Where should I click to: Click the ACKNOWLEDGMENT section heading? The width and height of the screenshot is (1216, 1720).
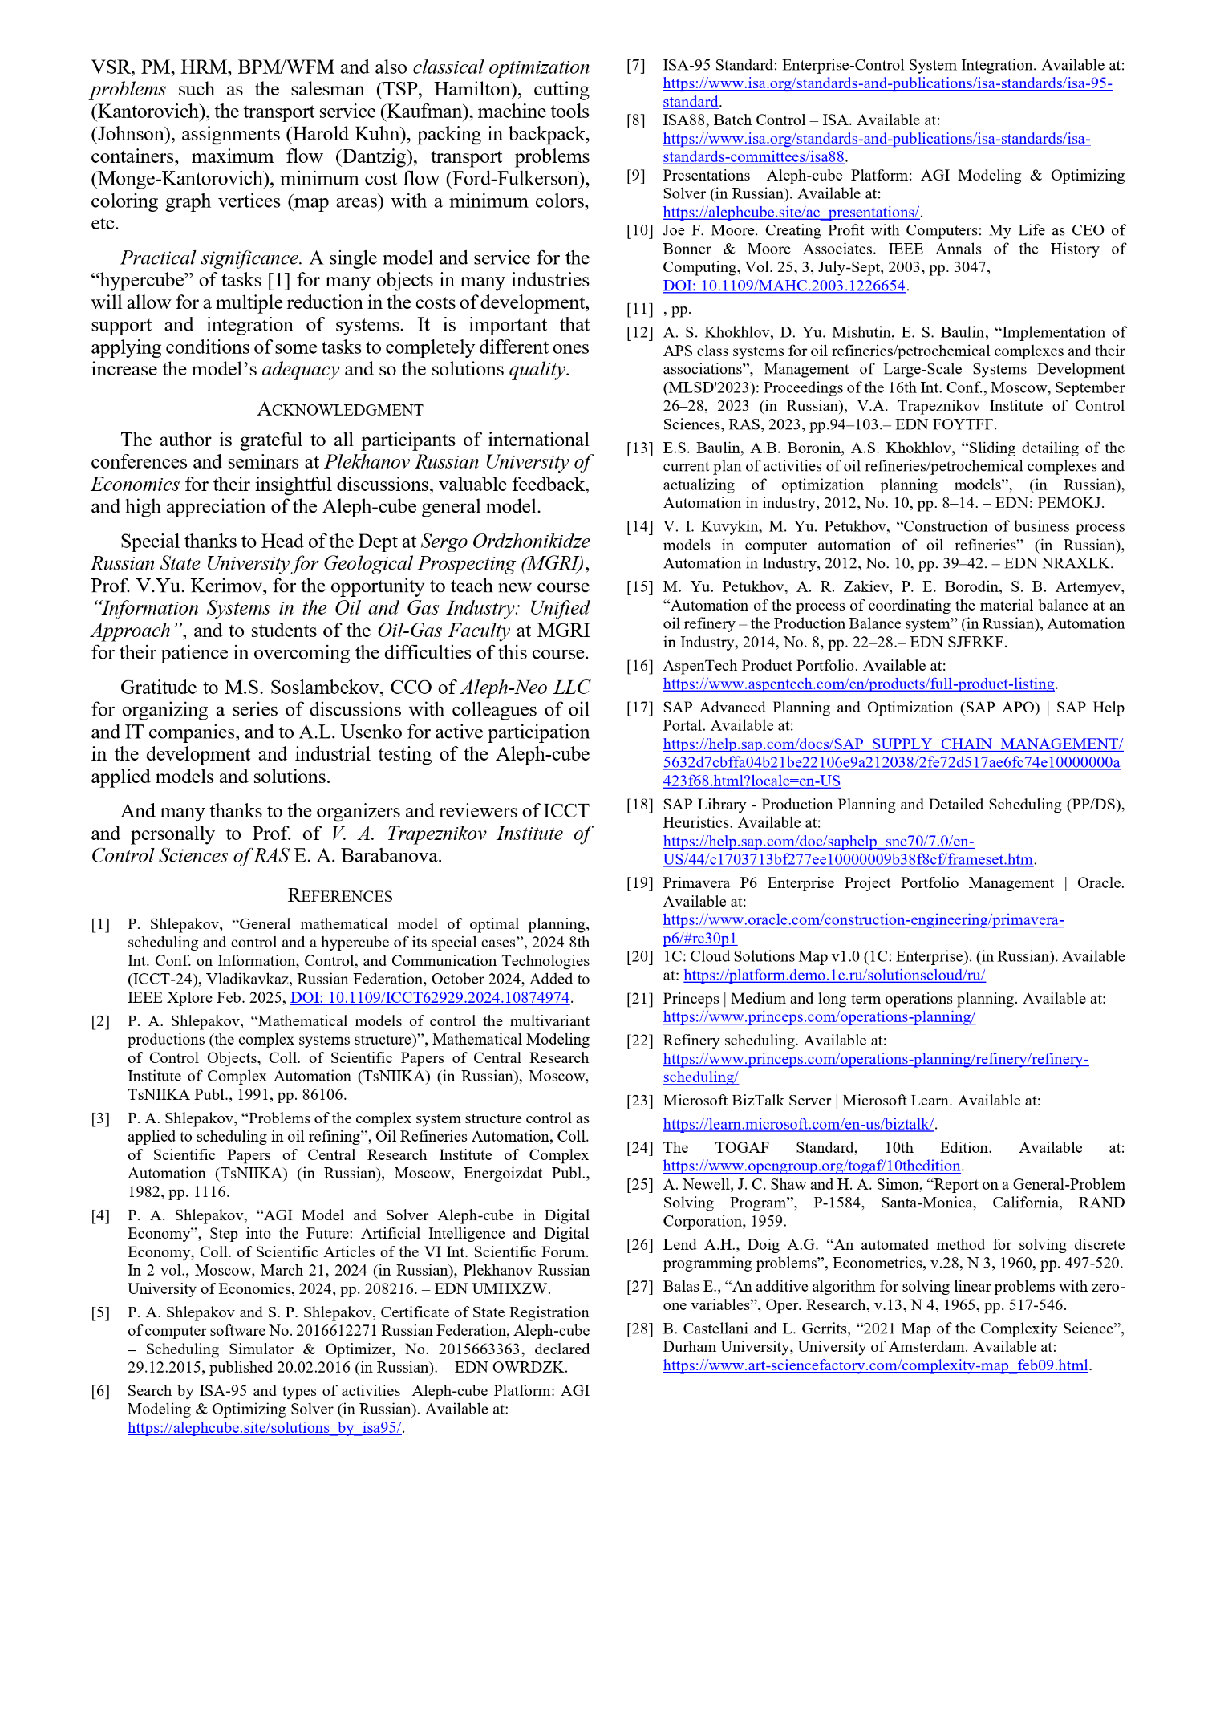pos(339,410)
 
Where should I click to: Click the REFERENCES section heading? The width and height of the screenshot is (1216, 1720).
pos(339,896)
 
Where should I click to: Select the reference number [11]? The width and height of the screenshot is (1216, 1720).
pos(639,310)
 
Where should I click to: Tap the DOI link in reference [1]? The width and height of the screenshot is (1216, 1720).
pos(430,998)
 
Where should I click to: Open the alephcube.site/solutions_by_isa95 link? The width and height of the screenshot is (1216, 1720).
pos(265,1428)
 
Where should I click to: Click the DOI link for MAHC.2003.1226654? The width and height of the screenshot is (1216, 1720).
pos(784,286)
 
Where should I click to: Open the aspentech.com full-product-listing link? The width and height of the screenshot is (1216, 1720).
pos(858,684)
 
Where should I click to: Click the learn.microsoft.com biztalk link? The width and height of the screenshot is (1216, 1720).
pos(799,1125)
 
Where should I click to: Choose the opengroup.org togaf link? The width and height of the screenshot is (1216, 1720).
pos(812,1166)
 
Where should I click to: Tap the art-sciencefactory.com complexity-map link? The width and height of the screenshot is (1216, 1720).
pos(875,1365)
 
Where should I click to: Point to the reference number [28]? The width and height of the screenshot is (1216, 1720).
pos(639,1329)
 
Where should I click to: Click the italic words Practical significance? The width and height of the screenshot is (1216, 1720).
pos(210,258)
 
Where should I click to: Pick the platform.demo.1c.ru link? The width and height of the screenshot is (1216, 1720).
pos(834,976)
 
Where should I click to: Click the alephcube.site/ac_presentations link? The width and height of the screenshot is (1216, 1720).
pos(791,213)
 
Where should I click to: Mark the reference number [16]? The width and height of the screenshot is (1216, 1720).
pos(639,666)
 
